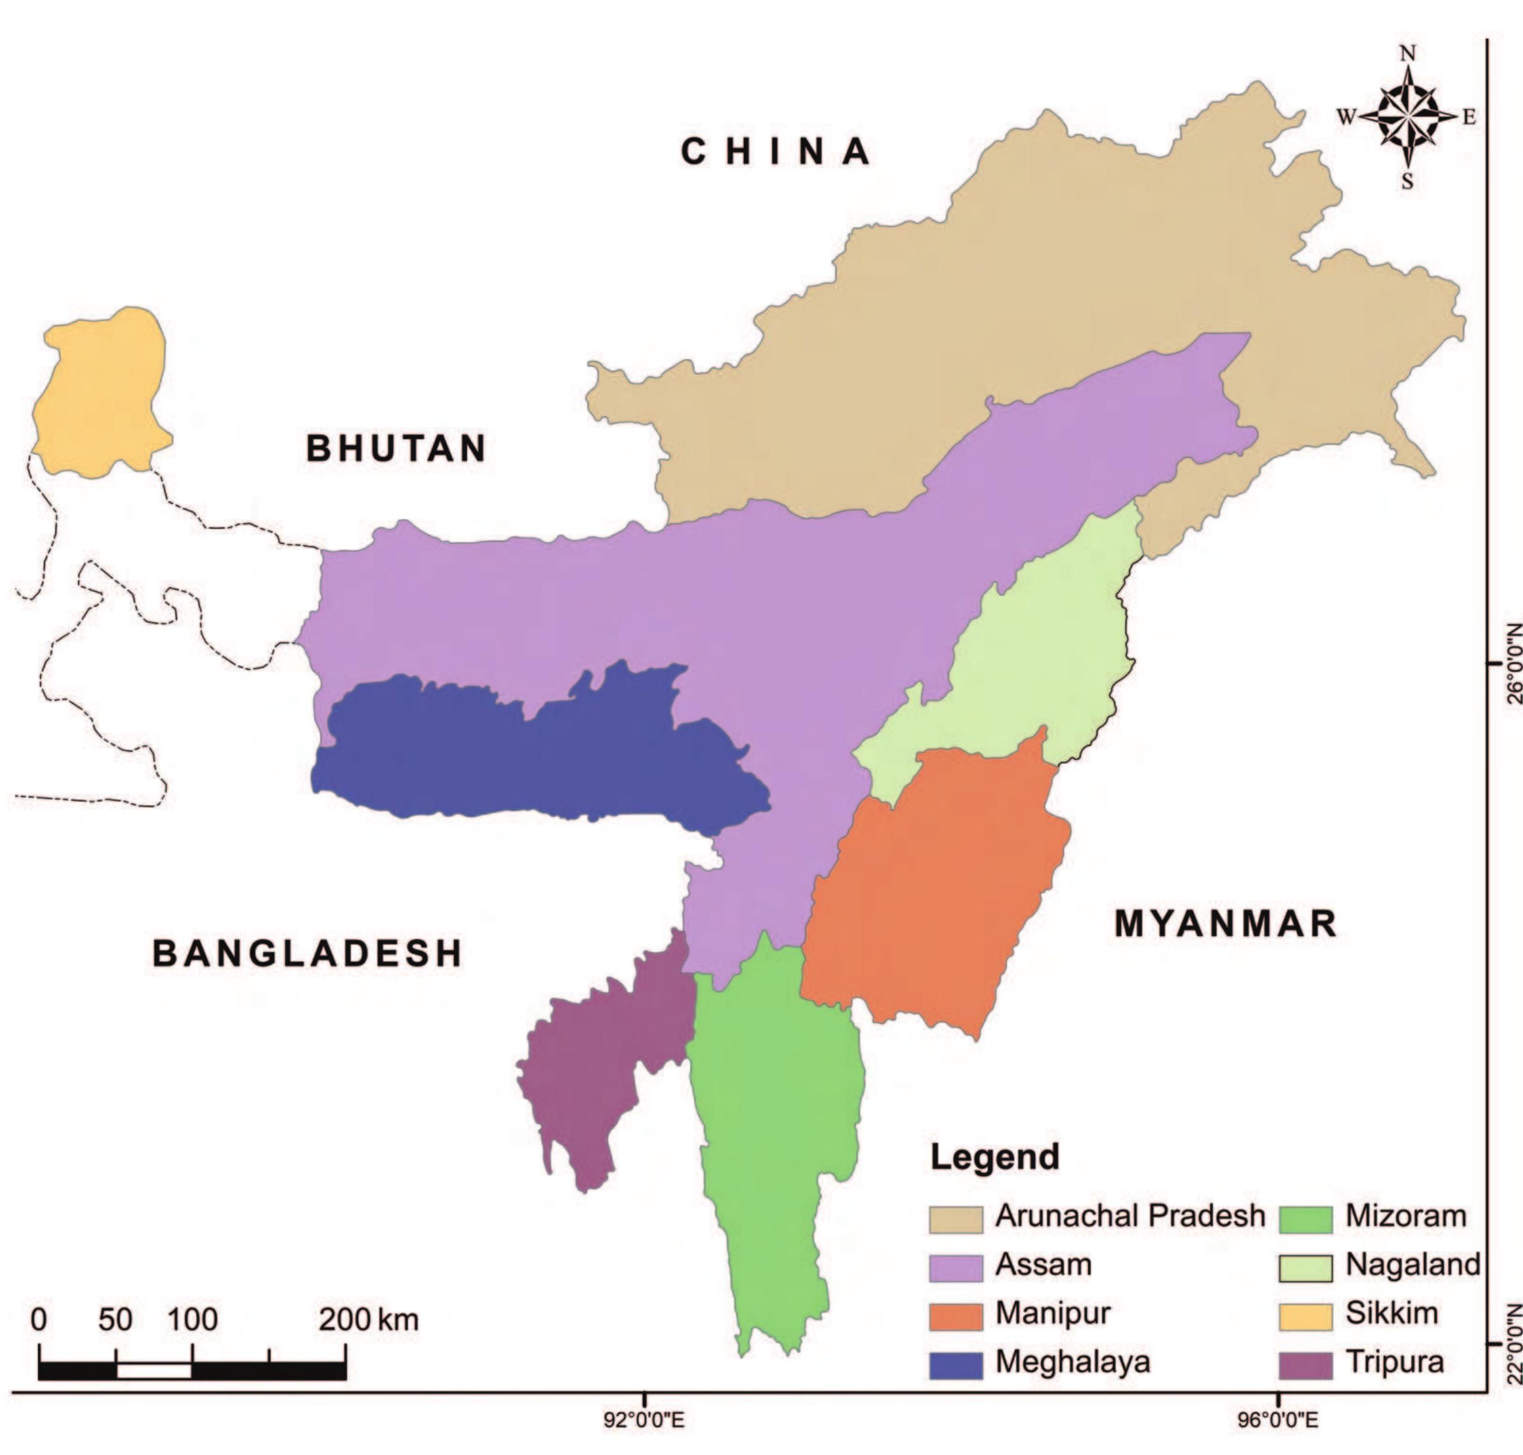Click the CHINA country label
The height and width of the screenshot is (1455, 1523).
pos(775,151)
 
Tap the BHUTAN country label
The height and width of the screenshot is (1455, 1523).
pos(396,449)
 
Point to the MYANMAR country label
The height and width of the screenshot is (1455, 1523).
pos(1226,924)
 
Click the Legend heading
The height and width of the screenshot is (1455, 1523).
pos(995,1157)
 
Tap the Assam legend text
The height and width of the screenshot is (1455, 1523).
pos(1043,1265)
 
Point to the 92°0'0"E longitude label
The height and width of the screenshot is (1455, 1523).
pos(644,1421)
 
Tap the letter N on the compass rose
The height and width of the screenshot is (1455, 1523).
pos(1408,53)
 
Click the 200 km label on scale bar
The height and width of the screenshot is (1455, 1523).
pos(369,1319)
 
